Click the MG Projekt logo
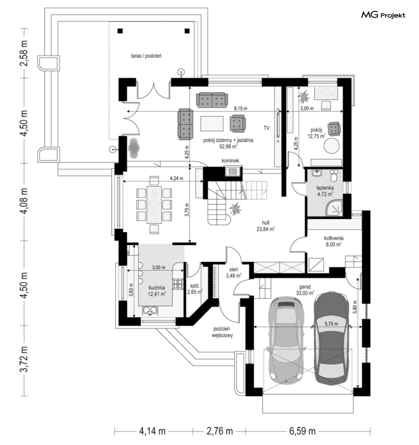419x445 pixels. [383, 16]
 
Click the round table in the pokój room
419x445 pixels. [331, 147]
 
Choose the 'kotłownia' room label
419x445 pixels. [333, 237]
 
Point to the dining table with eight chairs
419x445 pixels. [155, 204]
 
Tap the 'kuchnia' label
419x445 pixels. [156, 288]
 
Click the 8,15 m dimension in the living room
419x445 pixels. [239, 109]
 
